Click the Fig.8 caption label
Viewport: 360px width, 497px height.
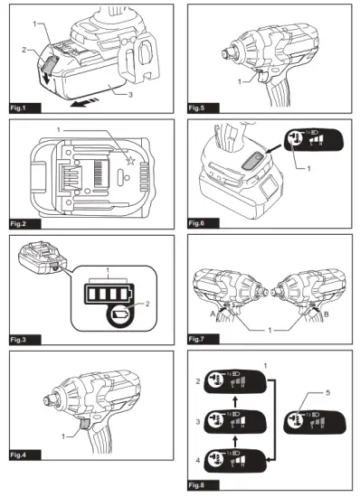pyautogui.click(x=199, y=487)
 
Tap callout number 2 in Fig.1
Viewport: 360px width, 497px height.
pyautogui.click(x=24, y=51)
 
